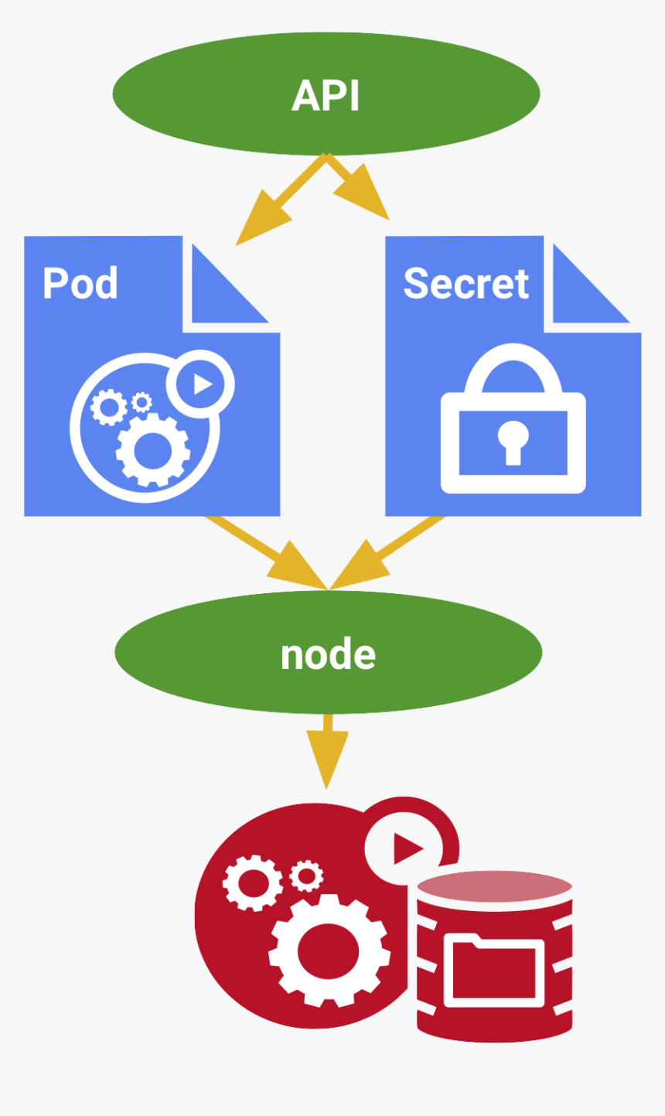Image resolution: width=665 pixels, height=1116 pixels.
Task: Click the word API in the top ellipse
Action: pos(326,95)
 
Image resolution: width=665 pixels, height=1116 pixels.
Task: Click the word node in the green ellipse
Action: pos(328,655)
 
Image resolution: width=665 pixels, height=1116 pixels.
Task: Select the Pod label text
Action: pos(80,283)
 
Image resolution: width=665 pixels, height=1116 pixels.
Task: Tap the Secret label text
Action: pos(465,283)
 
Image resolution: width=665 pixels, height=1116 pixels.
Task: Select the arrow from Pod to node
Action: pos(271,554)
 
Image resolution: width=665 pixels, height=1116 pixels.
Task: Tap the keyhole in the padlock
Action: pos(513,440)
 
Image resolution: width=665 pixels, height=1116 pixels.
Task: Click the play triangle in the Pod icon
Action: pos(201,383)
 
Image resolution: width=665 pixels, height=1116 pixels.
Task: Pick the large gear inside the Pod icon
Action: pos(152,451)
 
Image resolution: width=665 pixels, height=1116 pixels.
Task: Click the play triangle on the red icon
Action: pos(406,848)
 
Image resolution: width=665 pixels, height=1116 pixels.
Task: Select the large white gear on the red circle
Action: pos(328,950)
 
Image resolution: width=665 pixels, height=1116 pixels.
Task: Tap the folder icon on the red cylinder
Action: pos(495,970)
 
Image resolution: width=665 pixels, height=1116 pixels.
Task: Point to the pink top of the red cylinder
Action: pos(494,886)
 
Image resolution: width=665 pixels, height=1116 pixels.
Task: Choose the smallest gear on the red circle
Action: pos(307,875)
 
